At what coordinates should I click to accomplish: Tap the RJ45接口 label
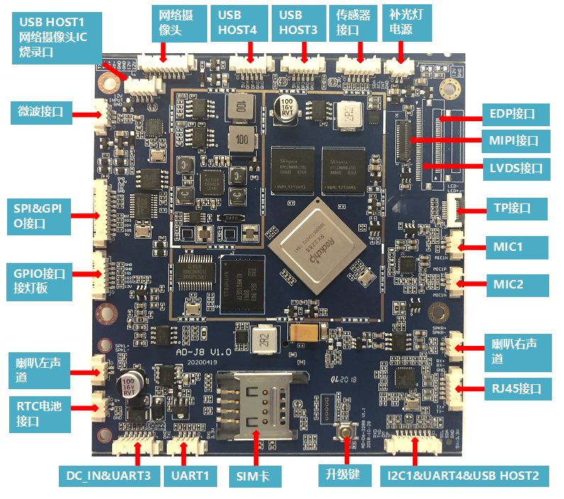point(516,388)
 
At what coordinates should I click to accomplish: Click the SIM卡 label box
point(255,476)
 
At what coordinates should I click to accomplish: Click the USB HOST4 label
point(238,23)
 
